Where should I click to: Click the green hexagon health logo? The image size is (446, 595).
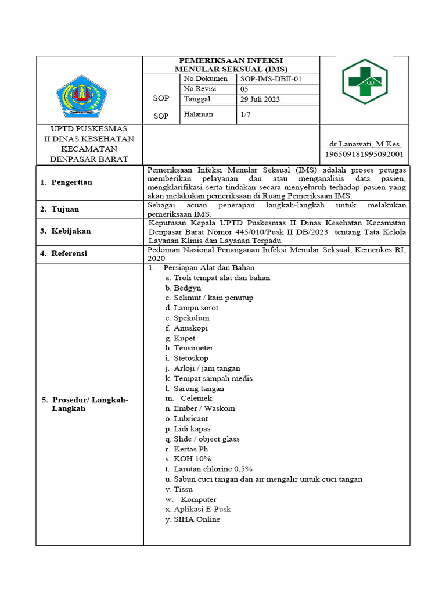(x=364, y=81)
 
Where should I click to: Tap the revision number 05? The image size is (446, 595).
(x=244, y=89)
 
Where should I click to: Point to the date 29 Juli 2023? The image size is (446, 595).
(x=260, y=99)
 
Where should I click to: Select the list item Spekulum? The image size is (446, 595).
(x=191, y=318)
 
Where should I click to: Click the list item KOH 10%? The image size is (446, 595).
(x=192, y=459)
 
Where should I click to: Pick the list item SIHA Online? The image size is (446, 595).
(x=196, y=519)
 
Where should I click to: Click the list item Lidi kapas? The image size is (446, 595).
(x=192, y=429)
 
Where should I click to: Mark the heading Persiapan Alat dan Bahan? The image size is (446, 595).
(x=209, y=268)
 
